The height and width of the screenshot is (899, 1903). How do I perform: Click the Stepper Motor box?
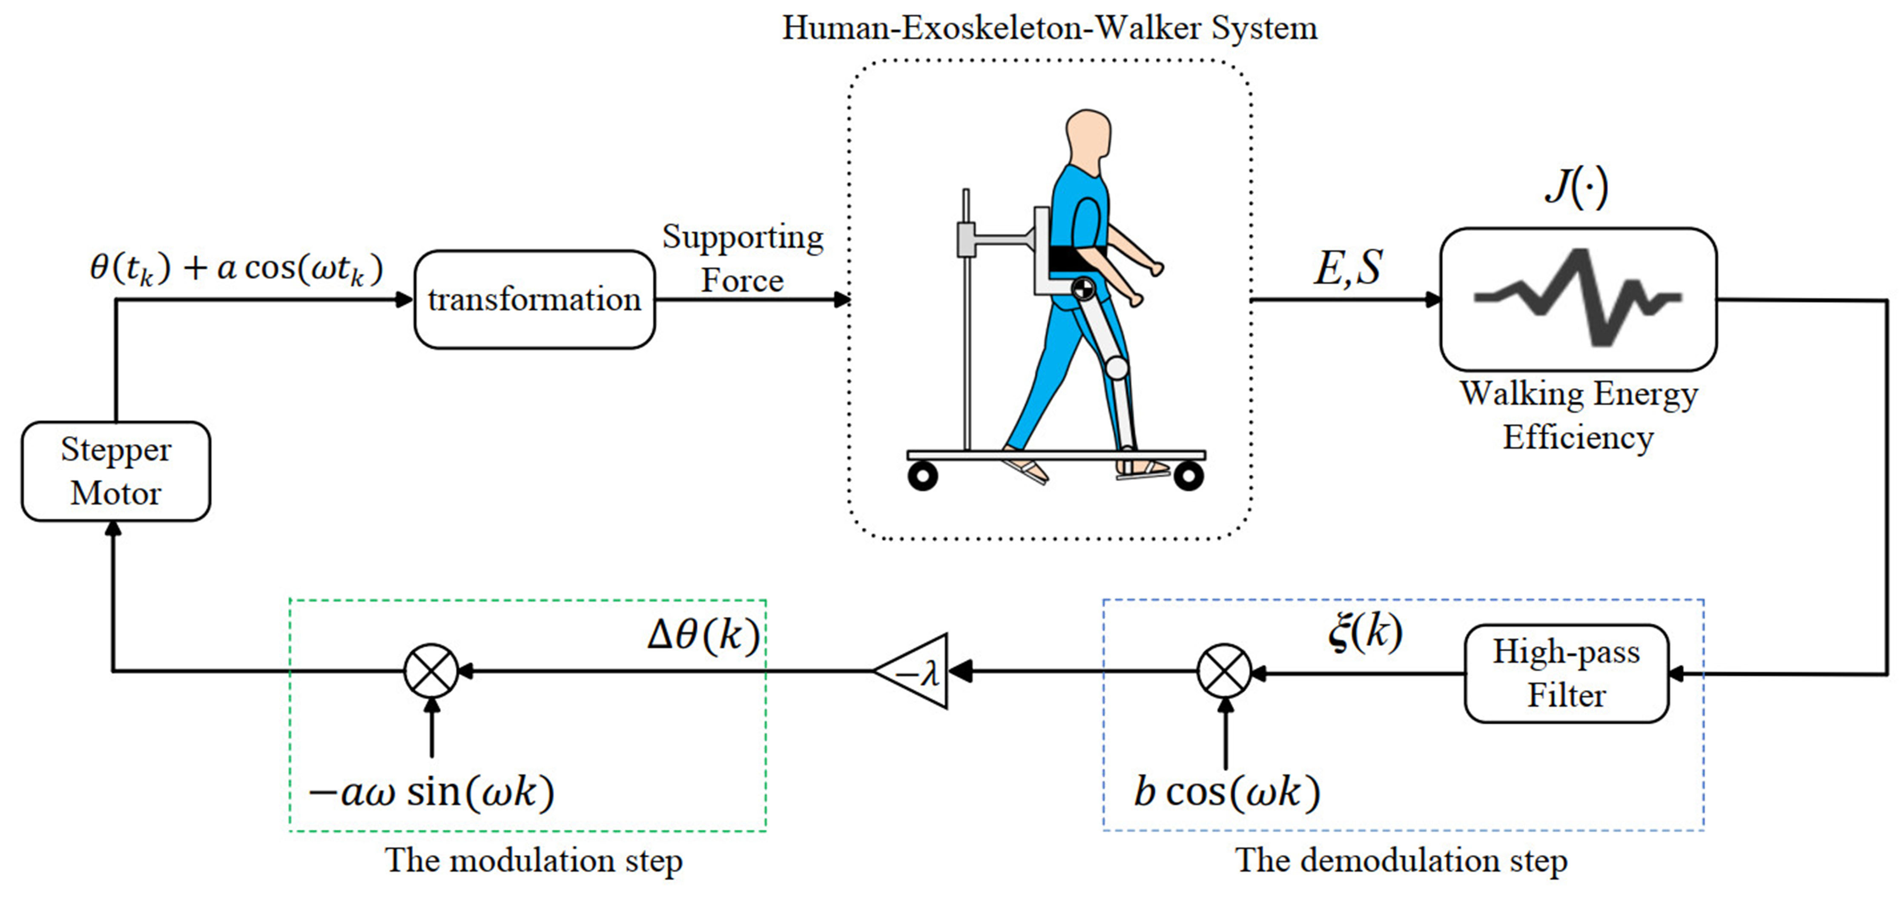[116, 471]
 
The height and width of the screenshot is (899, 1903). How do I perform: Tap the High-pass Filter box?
[1566, 673]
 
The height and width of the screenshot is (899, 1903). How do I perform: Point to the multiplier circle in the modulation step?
[431, 671]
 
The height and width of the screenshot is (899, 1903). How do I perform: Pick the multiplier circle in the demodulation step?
[1224, 671]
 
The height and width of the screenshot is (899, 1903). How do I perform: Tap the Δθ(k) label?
[703, 634]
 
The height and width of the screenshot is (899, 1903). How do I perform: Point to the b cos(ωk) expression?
[1226, 792]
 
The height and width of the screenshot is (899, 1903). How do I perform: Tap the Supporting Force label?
[743, 258]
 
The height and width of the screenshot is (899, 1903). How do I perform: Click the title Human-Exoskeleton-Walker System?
[1049, 28]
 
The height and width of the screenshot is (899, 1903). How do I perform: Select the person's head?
[1088, 137]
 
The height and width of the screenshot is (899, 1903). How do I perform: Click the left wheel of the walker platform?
[923, 476]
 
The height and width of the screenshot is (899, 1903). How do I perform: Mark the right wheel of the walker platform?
[1188, 476]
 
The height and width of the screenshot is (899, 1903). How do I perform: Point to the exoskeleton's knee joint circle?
[1117, 367]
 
